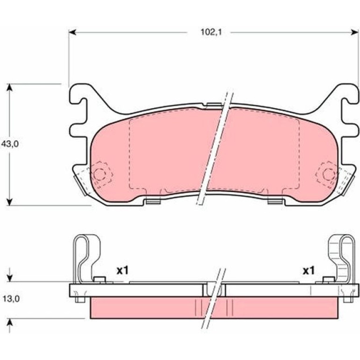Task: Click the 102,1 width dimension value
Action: [x=211, y=32]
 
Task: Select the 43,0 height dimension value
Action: [x=10, y=144]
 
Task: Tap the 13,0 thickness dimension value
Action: [x=11, y=299]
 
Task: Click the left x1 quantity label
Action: [x=122, y=271]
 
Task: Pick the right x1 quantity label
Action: [x=309, y=271]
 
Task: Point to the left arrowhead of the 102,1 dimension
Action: [x=72, y=32]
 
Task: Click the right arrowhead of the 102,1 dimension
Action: [x=354, y=32]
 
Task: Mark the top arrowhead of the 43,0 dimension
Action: [x=9, y=87]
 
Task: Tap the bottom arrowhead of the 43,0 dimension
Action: [x=9, y=202]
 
